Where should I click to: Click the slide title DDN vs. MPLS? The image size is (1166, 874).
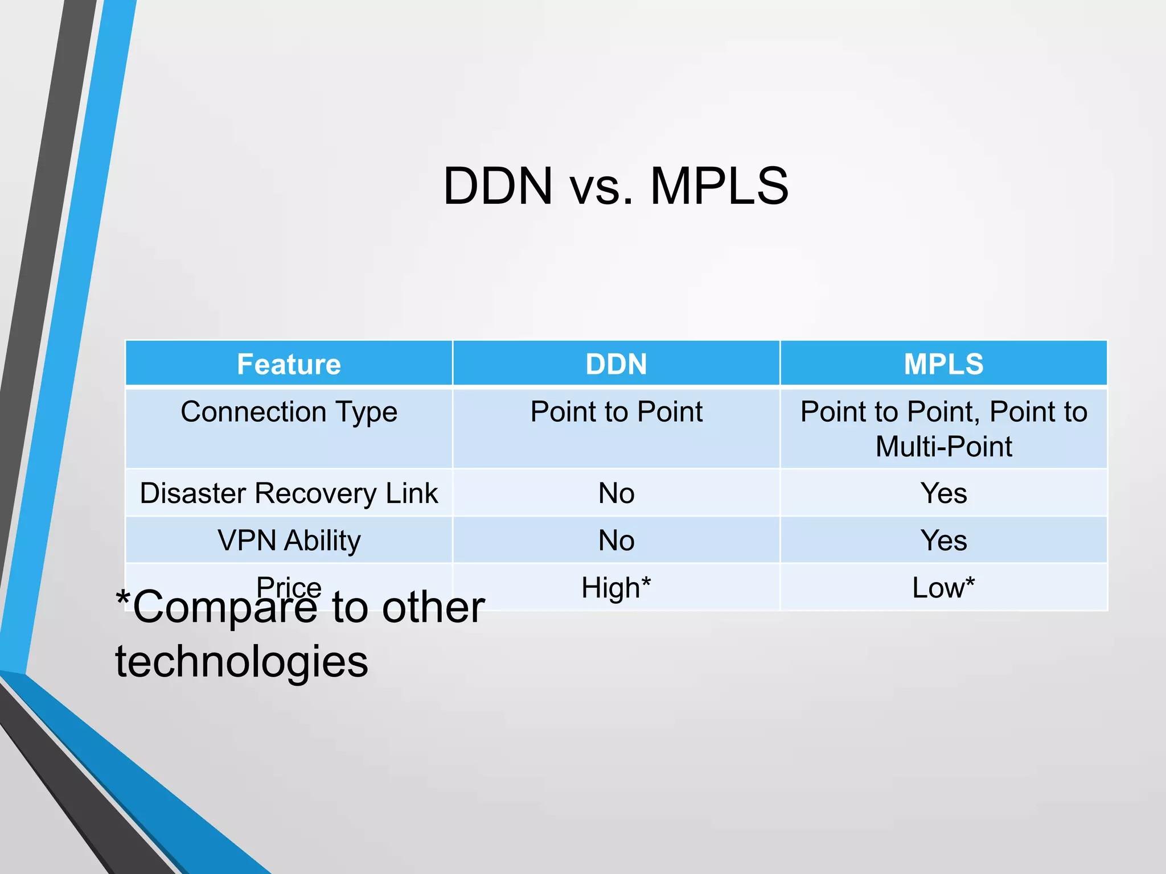615,186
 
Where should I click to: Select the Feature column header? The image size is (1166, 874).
289,364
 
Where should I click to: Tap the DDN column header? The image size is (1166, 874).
616,364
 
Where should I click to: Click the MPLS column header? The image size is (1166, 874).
943,364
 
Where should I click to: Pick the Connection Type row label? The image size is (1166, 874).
289,412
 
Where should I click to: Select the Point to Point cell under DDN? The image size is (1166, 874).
616,412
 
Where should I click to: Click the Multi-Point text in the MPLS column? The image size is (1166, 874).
943,447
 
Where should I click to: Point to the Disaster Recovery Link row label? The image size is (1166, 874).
289,493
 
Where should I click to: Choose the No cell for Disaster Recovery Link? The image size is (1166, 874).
616,493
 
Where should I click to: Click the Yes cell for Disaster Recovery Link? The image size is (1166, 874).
943,493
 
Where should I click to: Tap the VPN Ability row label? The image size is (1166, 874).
289,541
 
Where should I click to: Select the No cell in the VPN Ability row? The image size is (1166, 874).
616,541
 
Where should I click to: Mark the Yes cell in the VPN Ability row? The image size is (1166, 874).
943,541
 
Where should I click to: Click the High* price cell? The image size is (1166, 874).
616,588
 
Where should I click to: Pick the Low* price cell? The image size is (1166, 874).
943,588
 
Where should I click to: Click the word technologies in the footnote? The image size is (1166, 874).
241,662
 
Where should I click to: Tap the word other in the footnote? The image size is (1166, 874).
433,608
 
